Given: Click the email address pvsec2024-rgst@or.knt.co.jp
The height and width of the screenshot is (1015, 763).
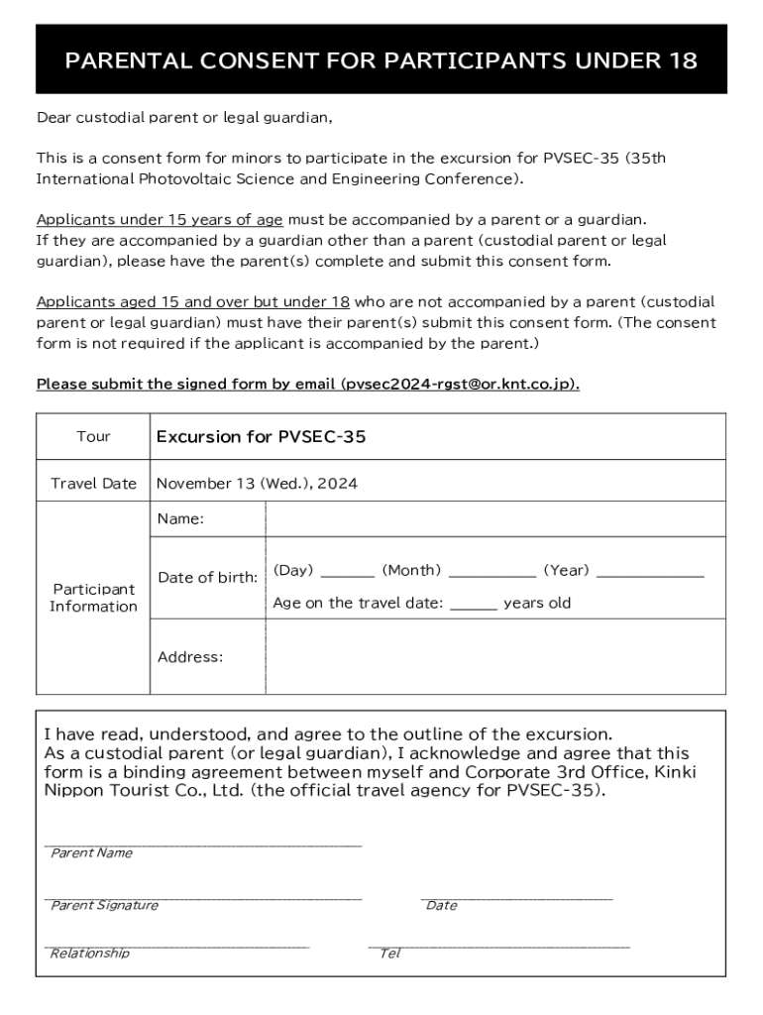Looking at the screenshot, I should [458, 384].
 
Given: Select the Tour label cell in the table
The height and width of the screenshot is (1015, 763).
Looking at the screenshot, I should [93, 437].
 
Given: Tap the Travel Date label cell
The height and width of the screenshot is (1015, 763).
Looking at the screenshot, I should [93, 484].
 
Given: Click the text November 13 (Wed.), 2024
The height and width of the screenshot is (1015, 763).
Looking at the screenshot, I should [257, 484].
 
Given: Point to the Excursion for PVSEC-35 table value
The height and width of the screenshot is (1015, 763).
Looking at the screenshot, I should [261, 437].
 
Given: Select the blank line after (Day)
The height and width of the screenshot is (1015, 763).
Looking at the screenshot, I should [348, 573].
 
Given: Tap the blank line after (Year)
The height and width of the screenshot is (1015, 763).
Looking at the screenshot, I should [650, 573].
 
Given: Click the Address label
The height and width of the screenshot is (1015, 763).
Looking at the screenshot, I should [190, 656].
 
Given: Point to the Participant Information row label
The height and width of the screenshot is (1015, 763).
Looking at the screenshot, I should [93, 598].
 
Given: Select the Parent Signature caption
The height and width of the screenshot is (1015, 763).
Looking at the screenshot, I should [104, 905].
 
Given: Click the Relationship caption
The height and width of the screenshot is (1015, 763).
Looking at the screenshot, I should [90, 954].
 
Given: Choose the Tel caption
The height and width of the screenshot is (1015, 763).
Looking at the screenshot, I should [390, 954].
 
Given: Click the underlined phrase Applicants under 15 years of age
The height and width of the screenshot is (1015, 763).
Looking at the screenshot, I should [160, 219].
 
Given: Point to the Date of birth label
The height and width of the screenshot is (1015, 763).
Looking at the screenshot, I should [208, 577].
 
